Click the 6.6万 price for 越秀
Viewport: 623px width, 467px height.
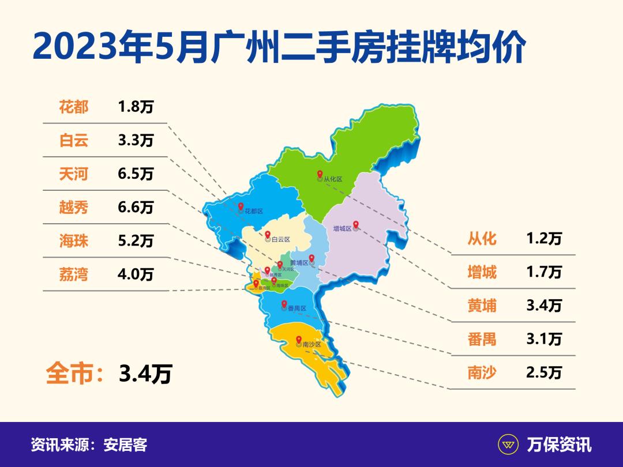[136, 207]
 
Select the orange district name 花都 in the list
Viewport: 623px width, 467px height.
[74, 107]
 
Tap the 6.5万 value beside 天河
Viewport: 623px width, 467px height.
[136, 174]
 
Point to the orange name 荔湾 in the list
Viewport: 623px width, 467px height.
[74, 274]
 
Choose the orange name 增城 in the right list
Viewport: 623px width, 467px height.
[482, 272]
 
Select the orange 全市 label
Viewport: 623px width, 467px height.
[69, 374]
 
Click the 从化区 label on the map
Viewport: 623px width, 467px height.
[333, 179]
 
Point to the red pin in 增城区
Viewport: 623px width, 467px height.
[356, 224]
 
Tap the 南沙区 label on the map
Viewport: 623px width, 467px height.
[311, 344]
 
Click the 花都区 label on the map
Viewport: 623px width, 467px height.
[253, 212]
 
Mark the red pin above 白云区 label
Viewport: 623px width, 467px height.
[268, 234]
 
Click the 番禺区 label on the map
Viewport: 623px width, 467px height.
[296, 308]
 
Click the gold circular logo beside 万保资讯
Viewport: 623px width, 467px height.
[508, 445]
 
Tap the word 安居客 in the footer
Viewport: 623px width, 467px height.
[125, 445]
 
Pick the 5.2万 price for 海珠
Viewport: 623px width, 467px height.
[136, 240]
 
